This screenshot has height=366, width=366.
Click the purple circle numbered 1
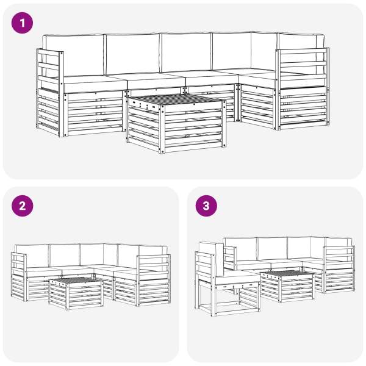22,23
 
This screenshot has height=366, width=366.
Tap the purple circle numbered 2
22,206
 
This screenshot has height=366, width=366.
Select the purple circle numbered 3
206,206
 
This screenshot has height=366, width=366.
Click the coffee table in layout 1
176,124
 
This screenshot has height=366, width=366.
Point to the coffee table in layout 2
76,293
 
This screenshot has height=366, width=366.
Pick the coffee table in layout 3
287,286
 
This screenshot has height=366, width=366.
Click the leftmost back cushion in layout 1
74,56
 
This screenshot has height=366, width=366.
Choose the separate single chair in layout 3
228,279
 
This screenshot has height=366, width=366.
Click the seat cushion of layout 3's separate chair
237,277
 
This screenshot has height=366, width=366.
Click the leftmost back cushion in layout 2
32,256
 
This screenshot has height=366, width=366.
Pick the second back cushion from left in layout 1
132,54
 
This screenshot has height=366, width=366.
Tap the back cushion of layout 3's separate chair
211,258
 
